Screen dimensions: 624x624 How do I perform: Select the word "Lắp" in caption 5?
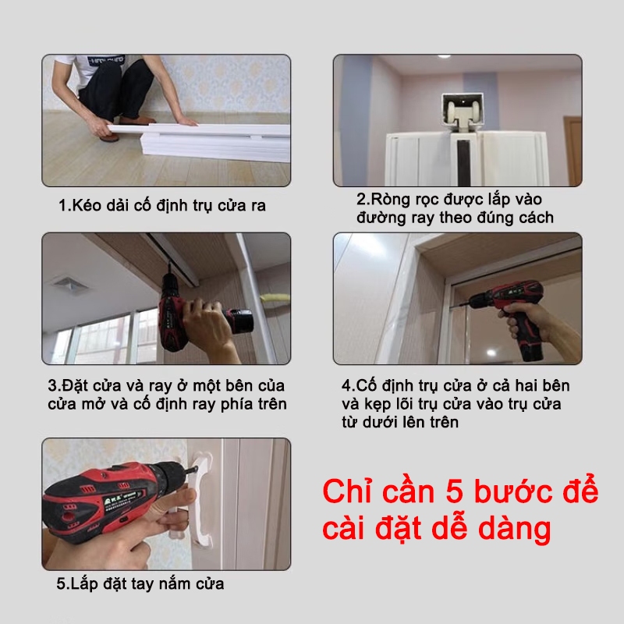coord(85,584)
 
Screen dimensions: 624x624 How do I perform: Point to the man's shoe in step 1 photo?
coord(109,136)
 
